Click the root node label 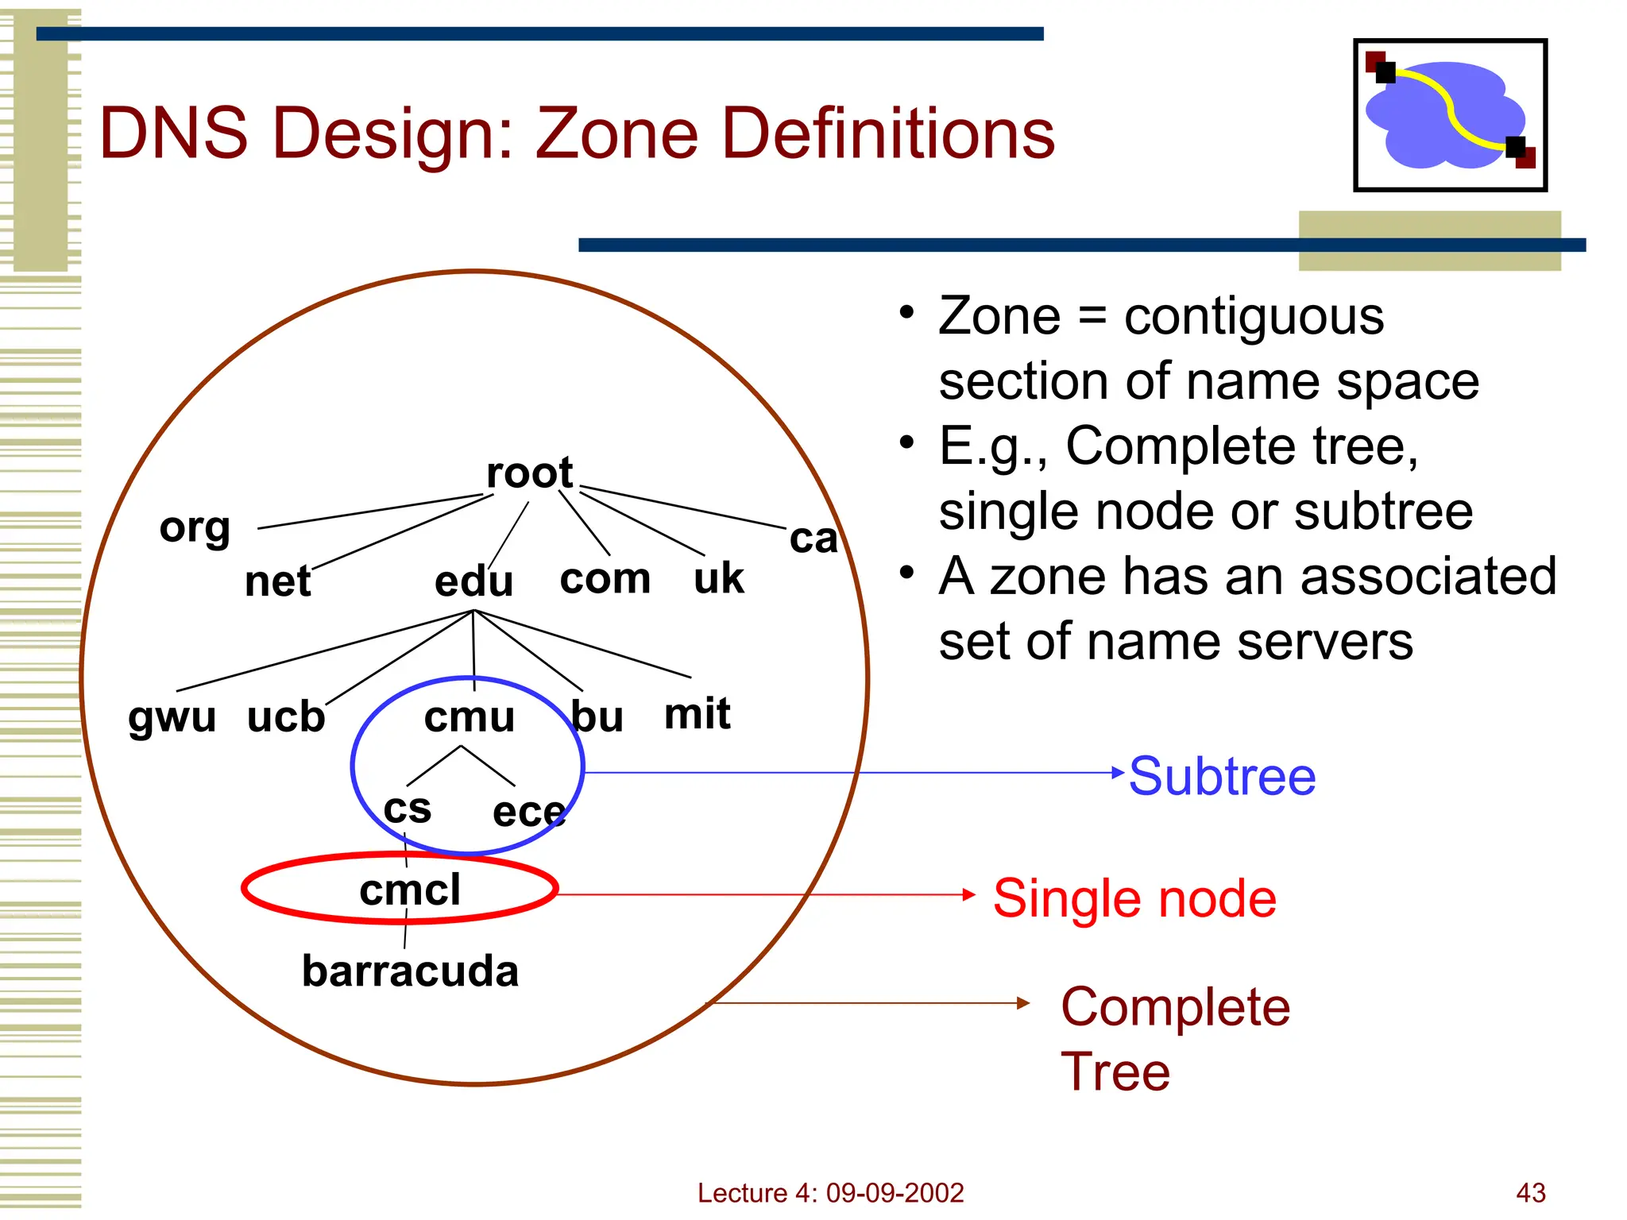tap(529, 473)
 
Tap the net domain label tap(277, 582)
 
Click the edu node tap(473, 582)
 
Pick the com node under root tap(605, 579)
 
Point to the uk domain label tap(718, 579)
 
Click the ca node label tap(813, 539)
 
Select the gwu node tap(172, 718)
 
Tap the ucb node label tap(286, 718)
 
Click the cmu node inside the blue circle tap(470, 718)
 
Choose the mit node tap(697, 714)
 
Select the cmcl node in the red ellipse tap(409, 890)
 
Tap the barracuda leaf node tap(410, 971)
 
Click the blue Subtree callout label tap(1222, 776)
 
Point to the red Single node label tap(1134, 899)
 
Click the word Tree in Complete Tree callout tap(1115, 1072)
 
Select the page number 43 tap(1530, 1193)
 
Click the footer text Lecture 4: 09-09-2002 tap(830, 1193)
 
